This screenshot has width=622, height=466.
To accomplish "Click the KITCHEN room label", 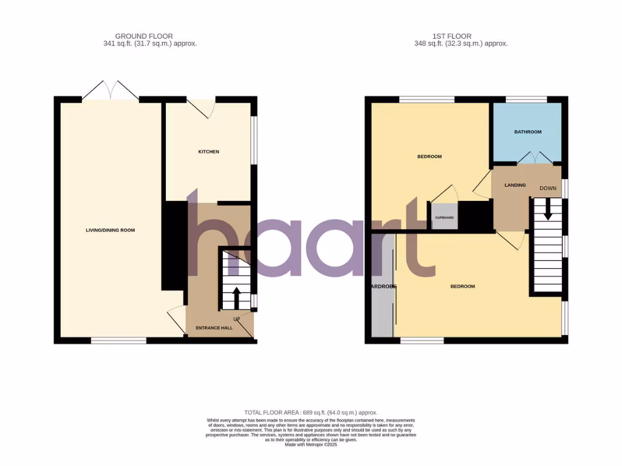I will click(208, 152).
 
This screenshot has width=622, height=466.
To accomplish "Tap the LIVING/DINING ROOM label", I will click(110, 231).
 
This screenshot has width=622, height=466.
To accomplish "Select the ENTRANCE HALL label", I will click(214, 328).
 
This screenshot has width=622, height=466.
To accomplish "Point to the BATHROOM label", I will click(527, 132).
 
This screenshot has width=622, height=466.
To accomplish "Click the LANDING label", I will click(515, 185).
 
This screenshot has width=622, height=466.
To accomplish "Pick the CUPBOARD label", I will click(444, 217).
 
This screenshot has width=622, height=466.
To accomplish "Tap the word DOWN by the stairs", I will click(547, 189).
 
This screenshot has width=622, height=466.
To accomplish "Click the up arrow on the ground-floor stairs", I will click(236, 298).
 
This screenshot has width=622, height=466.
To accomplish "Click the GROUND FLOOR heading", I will click(140, 36).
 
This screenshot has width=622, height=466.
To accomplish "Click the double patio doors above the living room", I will click(111, 90).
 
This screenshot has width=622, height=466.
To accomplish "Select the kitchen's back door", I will click(201, 107).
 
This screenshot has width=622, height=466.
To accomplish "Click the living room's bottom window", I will click(119, 340).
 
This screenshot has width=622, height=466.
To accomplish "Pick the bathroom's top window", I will click(526, 99).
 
